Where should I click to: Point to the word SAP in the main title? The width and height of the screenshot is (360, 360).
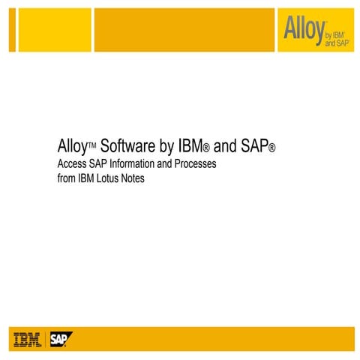coord(252,144)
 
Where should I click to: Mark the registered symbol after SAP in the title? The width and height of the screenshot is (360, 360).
coord(271,148)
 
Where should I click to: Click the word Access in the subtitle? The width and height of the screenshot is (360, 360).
coord(73,163)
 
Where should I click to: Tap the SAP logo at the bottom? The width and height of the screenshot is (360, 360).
coord(59,339)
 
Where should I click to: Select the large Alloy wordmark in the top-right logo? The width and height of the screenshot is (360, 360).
coord(303,28)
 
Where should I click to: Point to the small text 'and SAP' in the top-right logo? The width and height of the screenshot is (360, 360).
coord(337,43)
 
